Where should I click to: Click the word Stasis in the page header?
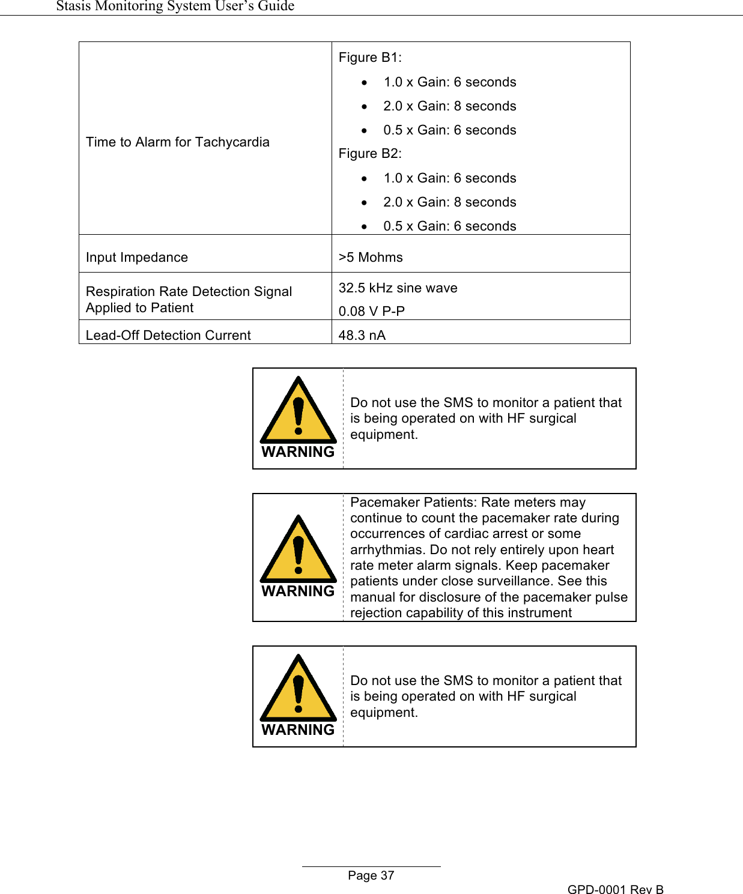pyautogui.click(x=73, y=6)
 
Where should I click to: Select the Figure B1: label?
pyautogui.click(x=370, y=58)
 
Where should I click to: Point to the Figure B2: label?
pyautogui.click(x=370, y=154)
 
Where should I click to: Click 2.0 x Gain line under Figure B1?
pyautogui.click(x=449, y=106)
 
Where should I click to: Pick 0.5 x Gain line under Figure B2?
pyautogui.click(x=449, y=226)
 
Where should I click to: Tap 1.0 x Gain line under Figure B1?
pyautogui.click(x=449, y=82)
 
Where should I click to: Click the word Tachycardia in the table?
pyautogui.click(x=232, y=142)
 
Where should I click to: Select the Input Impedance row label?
pyautogui.click(x=137, y=258)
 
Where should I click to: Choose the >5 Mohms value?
pyautogui.click(x=371, y=258)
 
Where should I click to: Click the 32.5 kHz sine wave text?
pyautogui.click(x=398, y=288)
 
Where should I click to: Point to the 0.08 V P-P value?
pyautogui.click(x=371, y=311)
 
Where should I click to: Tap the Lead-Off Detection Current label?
pyautogui.click(x=168, y=336)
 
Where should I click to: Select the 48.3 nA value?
pyautogui.click(x=362, y=336)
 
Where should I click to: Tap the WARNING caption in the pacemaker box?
pyautogui.click(x=298, y=591)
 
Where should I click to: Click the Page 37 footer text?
pyautogui.click(x=371, y=876)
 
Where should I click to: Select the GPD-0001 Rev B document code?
pyautogui.click(x=615, y=890)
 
